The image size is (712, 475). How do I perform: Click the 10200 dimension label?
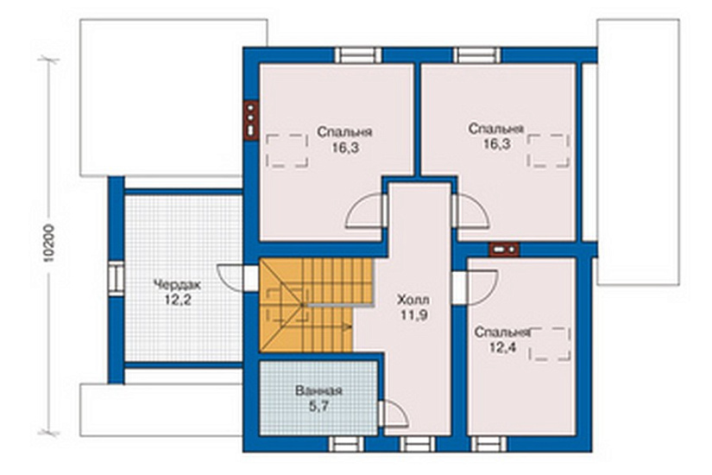coord(49,244)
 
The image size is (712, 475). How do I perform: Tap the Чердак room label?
coord(177,286)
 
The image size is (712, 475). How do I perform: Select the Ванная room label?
coord(318,391)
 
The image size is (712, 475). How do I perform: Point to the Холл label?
coord(413,300)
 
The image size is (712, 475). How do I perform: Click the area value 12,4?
coord(502,348)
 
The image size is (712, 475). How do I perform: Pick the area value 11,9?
coord(413,315)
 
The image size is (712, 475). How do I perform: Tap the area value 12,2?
coord(177,301)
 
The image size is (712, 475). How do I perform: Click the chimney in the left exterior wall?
coord(250,120)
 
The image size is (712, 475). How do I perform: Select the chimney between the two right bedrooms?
coord(504,250)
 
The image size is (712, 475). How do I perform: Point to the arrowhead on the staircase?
coord(349,326)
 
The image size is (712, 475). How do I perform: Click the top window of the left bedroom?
coord(359,55)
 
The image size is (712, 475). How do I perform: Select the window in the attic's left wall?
coord(116,278)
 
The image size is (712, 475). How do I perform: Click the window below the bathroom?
coord(346,444)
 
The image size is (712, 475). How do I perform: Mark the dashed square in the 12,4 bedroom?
coord(550,344)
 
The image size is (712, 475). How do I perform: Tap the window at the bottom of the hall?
coord(418,444)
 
